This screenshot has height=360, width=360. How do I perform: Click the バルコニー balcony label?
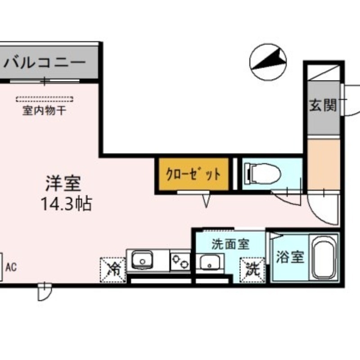click(x=45, y=62)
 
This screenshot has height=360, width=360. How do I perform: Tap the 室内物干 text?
click(x=45, y=110)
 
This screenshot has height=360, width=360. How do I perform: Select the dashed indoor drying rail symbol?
click(x=45, y=99)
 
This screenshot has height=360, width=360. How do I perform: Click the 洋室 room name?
click(x=63, y=183)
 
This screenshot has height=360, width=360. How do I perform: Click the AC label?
click(x=11, y=267)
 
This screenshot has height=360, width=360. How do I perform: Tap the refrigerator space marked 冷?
click(x=113, y=270)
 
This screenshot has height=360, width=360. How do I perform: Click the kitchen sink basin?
click(x=141, y=261)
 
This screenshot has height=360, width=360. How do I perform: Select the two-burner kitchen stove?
click(x=180, y=261)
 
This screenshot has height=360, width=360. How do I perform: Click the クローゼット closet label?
click(x=193, y=174)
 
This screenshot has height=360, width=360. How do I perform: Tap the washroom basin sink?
click(x=210, y=261)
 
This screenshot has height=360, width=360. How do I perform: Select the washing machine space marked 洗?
click(x=252, y=269)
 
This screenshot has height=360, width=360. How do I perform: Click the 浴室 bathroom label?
click(x=290, y=257)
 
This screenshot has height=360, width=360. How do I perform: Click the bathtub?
click(x=324, y=257)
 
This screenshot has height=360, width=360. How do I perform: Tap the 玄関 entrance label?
click(x=323, y=106)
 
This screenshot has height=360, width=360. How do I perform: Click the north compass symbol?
click(x=269, y=62)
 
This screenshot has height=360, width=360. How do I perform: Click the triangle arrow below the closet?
click(x=206, y=200)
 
